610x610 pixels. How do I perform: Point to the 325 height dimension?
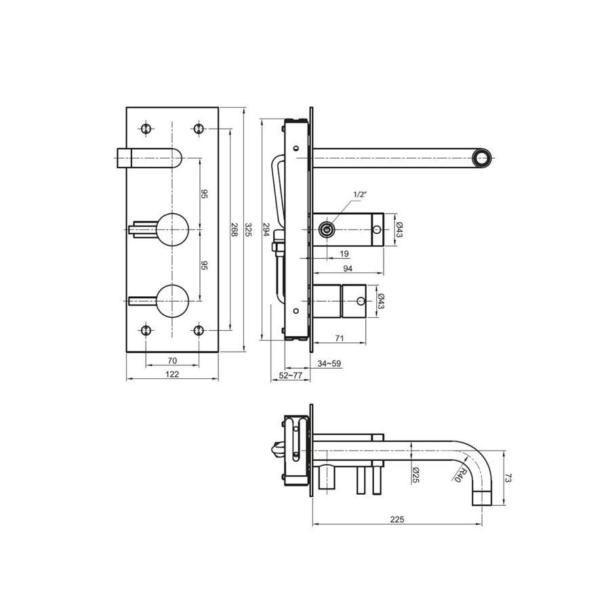(248, 229)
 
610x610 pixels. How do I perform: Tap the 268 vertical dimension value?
(234, 229)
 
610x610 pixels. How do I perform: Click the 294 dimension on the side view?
(266, 229)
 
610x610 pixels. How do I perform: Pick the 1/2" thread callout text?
(360, 195)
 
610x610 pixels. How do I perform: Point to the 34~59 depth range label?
(329, 364)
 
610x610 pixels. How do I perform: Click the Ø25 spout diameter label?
(415, 474)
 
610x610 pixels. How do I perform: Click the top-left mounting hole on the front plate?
(146, 128)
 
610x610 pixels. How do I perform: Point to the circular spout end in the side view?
(482, 158)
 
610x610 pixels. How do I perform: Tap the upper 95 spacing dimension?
(204, 194)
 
